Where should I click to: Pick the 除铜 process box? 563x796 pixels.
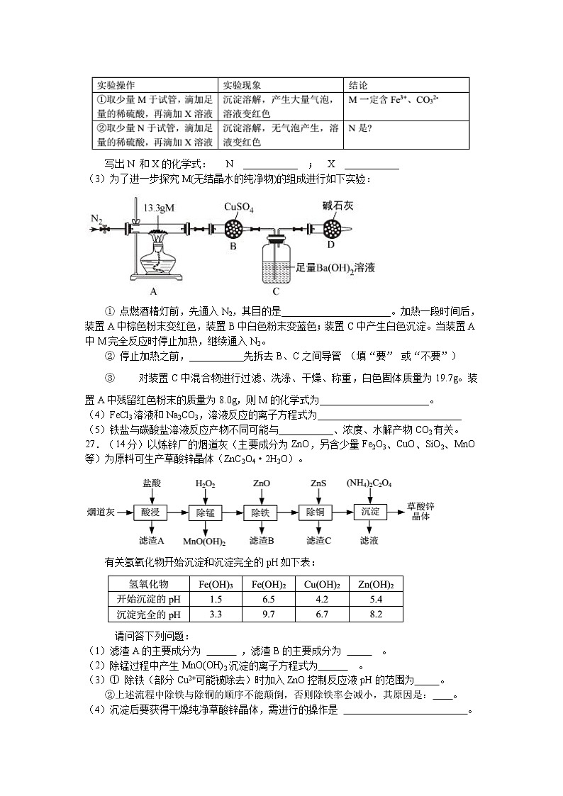click(x=315, y=511)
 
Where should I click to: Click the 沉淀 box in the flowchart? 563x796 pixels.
click(x=370, y=511)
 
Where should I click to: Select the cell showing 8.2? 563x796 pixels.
click(x=376, y=615)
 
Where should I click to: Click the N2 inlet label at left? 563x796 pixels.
click(x=98, y=218)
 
